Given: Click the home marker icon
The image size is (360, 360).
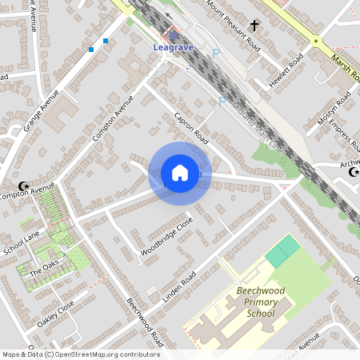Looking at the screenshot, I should (x=180, y=173).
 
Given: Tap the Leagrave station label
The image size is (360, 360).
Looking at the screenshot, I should (x=174, y=47).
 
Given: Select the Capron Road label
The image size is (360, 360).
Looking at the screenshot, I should (x=190, y=128).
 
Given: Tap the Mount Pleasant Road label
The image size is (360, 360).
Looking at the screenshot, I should (x=233, y=23).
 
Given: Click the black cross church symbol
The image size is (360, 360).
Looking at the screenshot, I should (x=255, y=26).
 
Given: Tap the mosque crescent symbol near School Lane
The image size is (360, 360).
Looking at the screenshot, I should (x=23, y=186).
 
